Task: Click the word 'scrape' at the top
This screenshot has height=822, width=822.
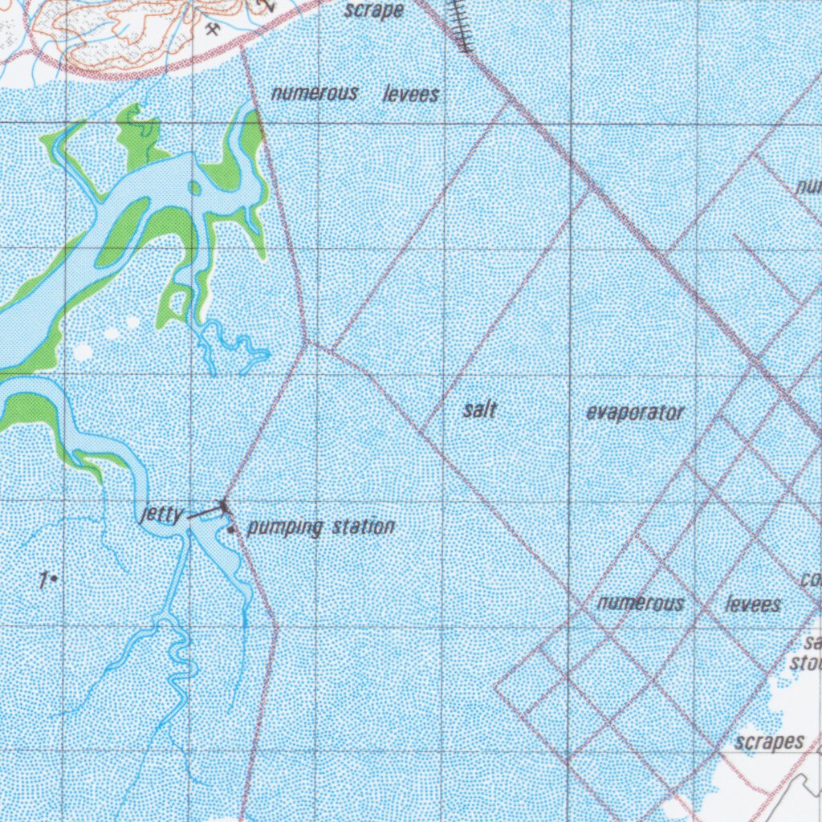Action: click(373, 10)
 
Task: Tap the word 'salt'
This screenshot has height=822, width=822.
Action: click(480, 410)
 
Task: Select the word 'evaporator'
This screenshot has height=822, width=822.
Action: click(635, 413)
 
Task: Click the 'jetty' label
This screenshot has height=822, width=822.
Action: click(161, 515)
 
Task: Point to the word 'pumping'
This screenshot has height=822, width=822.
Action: click(285, 527)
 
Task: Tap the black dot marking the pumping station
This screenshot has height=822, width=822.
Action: click(231, 531)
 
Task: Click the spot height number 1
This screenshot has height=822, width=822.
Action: click(44, 577)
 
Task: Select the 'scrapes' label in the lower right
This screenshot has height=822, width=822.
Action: click(769, 743)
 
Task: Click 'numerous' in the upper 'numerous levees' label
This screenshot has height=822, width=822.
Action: click(314, 93)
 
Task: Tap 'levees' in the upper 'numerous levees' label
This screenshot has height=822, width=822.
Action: click(411, 95)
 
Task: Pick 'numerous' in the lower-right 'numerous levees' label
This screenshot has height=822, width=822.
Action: click(641, 602)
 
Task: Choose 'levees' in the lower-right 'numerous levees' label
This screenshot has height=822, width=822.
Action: click(753, 604)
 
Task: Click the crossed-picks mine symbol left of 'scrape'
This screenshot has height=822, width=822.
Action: click(214, 30)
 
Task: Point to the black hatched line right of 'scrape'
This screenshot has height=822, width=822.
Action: click(460, 24)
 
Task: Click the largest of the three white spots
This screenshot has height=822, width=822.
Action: click(83, 352)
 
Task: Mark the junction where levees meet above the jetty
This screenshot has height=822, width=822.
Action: click(306, 343)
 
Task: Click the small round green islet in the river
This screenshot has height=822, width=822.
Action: click(194, 188)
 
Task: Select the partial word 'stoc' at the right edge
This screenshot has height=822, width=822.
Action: click(806, 662)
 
